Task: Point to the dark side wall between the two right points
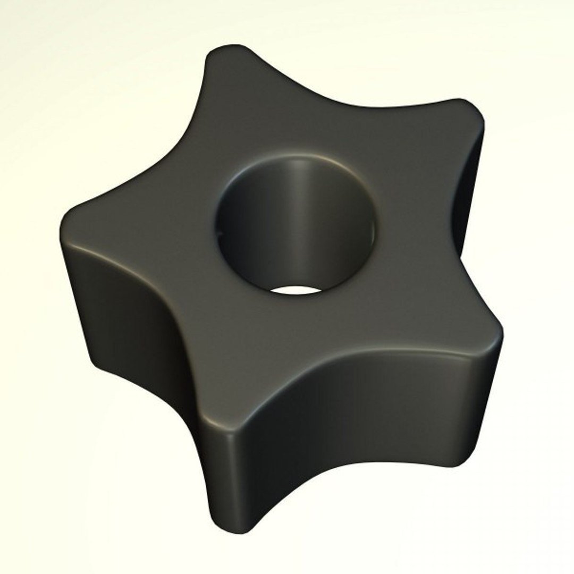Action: point(468,213)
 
